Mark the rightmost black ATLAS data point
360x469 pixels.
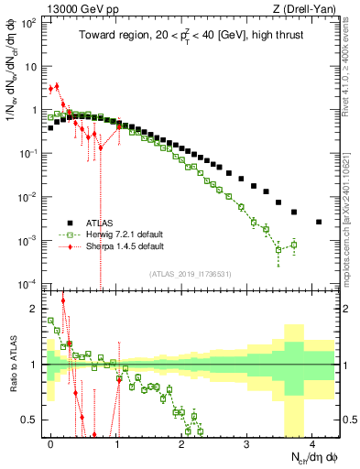(x=318, y=222)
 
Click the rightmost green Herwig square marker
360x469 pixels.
(x=293, y=244)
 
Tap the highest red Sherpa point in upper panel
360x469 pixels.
(x=57, y=86)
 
